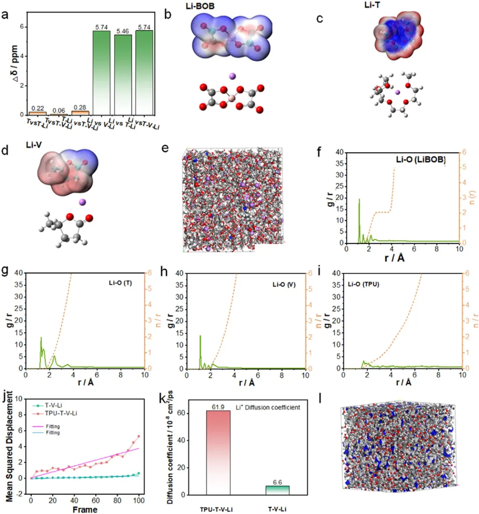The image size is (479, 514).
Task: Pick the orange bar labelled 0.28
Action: click(80, 112)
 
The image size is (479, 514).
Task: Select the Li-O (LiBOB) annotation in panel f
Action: click(420, 159)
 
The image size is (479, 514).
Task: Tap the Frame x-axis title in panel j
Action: click(85, 510)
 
